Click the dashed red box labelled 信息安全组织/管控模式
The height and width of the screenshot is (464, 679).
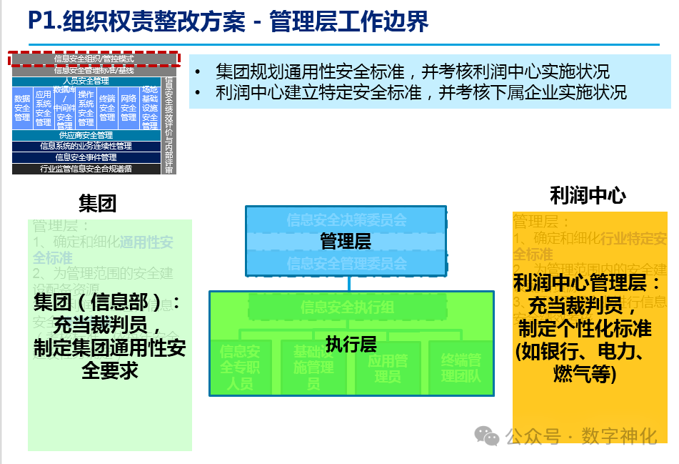coord(94,59)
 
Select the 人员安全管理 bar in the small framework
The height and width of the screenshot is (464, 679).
coord(86,81)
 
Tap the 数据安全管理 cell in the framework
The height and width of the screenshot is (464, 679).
coord(22,108)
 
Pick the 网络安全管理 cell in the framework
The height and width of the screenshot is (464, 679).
coord(129,108)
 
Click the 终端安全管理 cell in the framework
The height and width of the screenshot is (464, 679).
coord(107,108)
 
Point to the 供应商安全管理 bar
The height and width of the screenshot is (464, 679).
coord(86,135)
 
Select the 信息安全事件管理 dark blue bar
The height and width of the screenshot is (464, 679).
coord(86,157)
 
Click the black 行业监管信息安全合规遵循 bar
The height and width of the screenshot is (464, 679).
coord(86,169)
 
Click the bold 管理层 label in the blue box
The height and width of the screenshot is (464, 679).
coord(346,241)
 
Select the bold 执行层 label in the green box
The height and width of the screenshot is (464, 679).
coord(351,344)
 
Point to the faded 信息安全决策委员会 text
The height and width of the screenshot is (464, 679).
coord(346,219)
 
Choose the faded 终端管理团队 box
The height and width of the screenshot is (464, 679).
coord(461,367)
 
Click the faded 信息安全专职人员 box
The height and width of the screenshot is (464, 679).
coord(240,367)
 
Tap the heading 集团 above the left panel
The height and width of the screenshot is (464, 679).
coord(97,204)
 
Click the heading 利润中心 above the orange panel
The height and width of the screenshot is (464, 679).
coord(588,196)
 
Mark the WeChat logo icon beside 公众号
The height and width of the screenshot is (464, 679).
coord(488,435)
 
